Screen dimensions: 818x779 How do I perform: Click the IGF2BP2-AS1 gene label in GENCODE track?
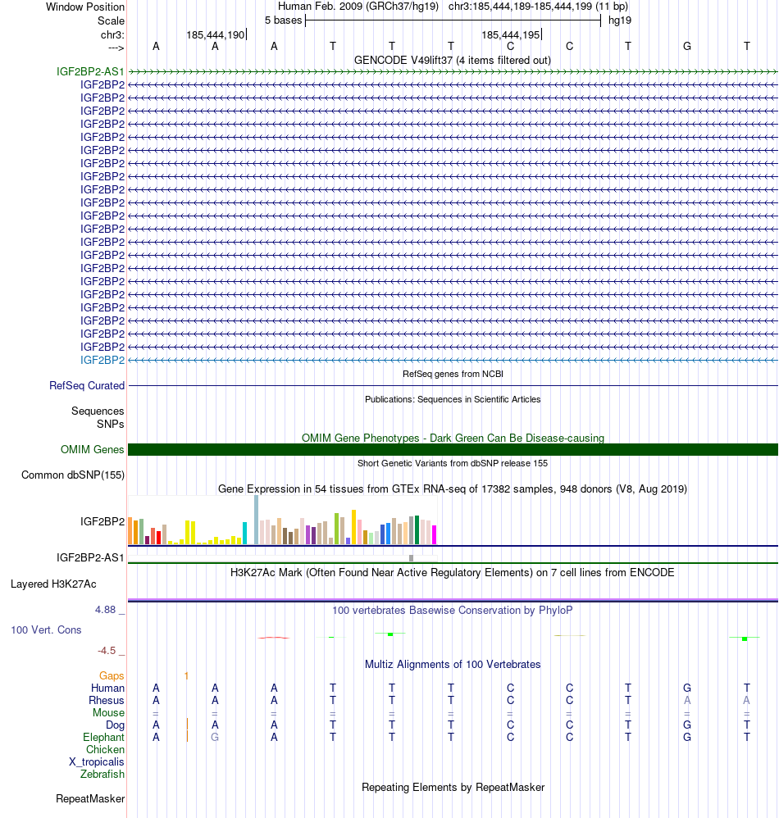coord(90,71)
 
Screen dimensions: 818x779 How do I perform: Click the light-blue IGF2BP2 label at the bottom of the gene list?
coord(102,360)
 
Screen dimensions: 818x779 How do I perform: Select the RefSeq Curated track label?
coord(87,385)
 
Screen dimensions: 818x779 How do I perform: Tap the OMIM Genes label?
coord(92,449)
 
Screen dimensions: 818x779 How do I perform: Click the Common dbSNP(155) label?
coord(73,475)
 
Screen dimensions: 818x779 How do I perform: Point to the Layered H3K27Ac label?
coord(53,584)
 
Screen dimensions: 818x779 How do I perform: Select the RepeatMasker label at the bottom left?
coord(90,798)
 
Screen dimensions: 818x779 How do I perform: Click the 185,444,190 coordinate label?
coord(216,35)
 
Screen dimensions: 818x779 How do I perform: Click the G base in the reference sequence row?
coord(687,46)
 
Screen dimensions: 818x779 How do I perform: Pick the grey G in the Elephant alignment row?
coord(215,737)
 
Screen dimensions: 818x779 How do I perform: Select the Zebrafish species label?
coord(102,774)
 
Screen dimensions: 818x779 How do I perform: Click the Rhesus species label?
coord(107,700)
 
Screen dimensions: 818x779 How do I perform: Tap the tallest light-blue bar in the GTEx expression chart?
coord(256,520)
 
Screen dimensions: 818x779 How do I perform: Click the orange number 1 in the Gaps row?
coord(187,675)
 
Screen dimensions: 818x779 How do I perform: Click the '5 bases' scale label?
coord(283,20)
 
